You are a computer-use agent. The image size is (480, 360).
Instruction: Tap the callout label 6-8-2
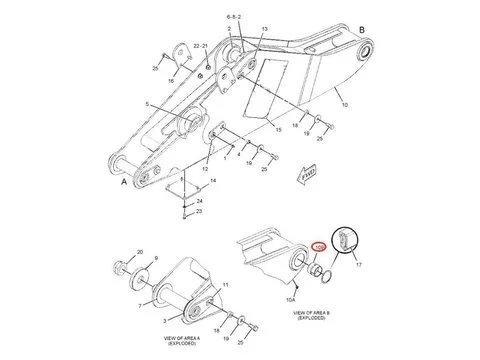point(234,17)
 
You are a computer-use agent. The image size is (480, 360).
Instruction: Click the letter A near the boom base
point(124,184)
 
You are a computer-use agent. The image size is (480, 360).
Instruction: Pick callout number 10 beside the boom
point(345,104)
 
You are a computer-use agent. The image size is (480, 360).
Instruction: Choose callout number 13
point(265,29)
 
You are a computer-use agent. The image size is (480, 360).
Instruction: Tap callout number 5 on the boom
point(148,105)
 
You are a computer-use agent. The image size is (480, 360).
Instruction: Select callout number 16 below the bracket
point(172,79)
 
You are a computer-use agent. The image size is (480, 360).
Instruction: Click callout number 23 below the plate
point(199,213)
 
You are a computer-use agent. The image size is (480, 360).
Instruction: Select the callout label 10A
point(293,299)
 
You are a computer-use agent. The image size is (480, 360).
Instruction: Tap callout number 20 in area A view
point(140,253)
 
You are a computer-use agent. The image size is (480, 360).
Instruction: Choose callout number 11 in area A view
point(225,285)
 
